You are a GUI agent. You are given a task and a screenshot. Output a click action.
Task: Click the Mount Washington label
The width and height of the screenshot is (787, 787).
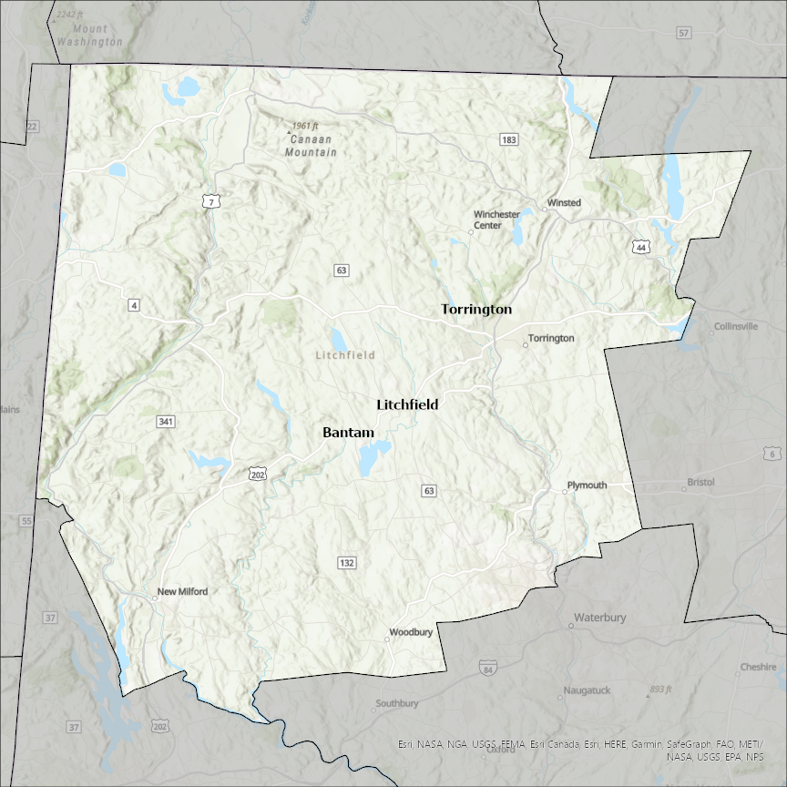[x=89, y=36]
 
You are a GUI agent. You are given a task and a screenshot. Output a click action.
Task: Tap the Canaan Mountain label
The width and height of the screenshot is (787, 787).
[x=310, y=146]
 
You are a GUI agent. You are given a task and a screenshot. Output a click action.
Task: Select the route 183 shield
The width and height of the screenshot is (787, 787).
[x=508, y=139]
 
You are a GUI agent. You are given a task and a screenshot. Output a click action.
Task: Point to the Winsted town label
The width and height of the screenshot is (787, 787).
[x=564, y=202]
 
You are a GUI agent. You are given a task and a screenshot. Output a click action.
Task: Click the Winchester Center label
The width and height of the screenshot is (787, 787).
[x=496, y=220]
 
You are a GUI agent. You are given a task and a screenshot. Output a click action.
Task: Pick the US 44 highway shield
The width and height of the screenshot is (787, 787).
[x=642, y=247]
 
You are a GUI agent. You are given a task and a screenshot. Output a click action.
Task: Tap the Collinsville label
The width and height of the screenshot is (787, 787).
[x=736, y=326]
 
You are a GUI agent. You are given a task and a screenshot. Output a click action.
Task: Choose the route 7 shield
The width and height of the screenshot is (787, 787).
[x=210, y=202]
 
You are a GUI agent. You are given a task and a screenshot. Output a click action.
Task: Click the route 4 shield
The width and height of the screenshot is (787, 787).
[x=134, y=305]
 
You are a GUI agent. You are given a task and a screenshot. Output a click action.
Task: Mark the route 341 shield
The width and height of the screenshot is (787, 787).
[x=165, y=422]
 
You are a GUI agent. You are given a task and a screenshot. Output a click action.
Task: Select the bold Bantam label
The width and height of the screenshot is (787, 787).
[x=348, y=433]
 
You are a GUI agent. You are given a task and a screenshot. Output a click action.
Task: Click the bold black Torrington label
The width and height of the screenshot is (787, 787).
[x=476, y=310]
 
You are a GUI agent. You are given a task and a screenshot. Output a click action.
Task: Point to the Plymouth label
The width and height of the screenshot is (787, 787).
[x=587, y=485]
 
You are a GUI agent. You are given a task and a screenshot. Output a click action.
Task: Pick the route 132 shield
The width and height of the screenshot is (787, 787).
[x=346, y=563]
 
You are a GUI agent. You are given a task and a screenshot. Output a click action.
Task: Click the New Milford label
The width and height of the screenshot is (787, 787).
[x=182, y=591]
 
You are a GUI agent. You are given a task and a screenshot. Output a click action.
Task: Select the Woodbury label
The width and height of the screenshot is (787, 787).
[x=411, y=632]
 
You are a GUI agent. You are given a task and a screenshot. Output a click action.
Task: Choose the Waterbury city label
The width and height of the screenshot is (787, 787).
[x=599, y=618]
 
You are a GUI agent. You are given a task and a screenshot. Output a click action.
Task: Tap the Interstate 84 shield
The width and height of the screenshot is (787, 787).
[x=488, y=668]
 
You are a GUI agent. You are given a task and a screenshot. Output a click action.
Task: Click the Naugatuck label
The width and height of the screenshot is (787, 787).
[x=587, y=690]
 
